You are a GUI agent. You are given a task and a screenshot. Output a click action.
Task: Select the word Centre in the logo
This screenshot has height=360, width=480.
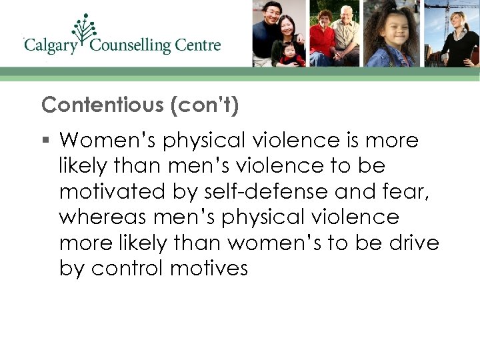click(x=198, y=45)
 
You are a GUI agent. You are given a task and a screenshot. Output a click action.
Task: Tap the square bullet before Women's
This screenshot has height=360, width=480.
click(x=45, y=141)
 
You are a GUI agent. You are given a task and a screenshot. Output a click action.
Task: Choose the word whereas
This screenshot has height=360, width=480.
click(x=101, y=217)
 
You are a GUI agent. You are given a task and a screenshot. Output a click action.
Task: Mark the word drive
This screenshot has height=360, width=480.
click(x=413, y=243)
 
